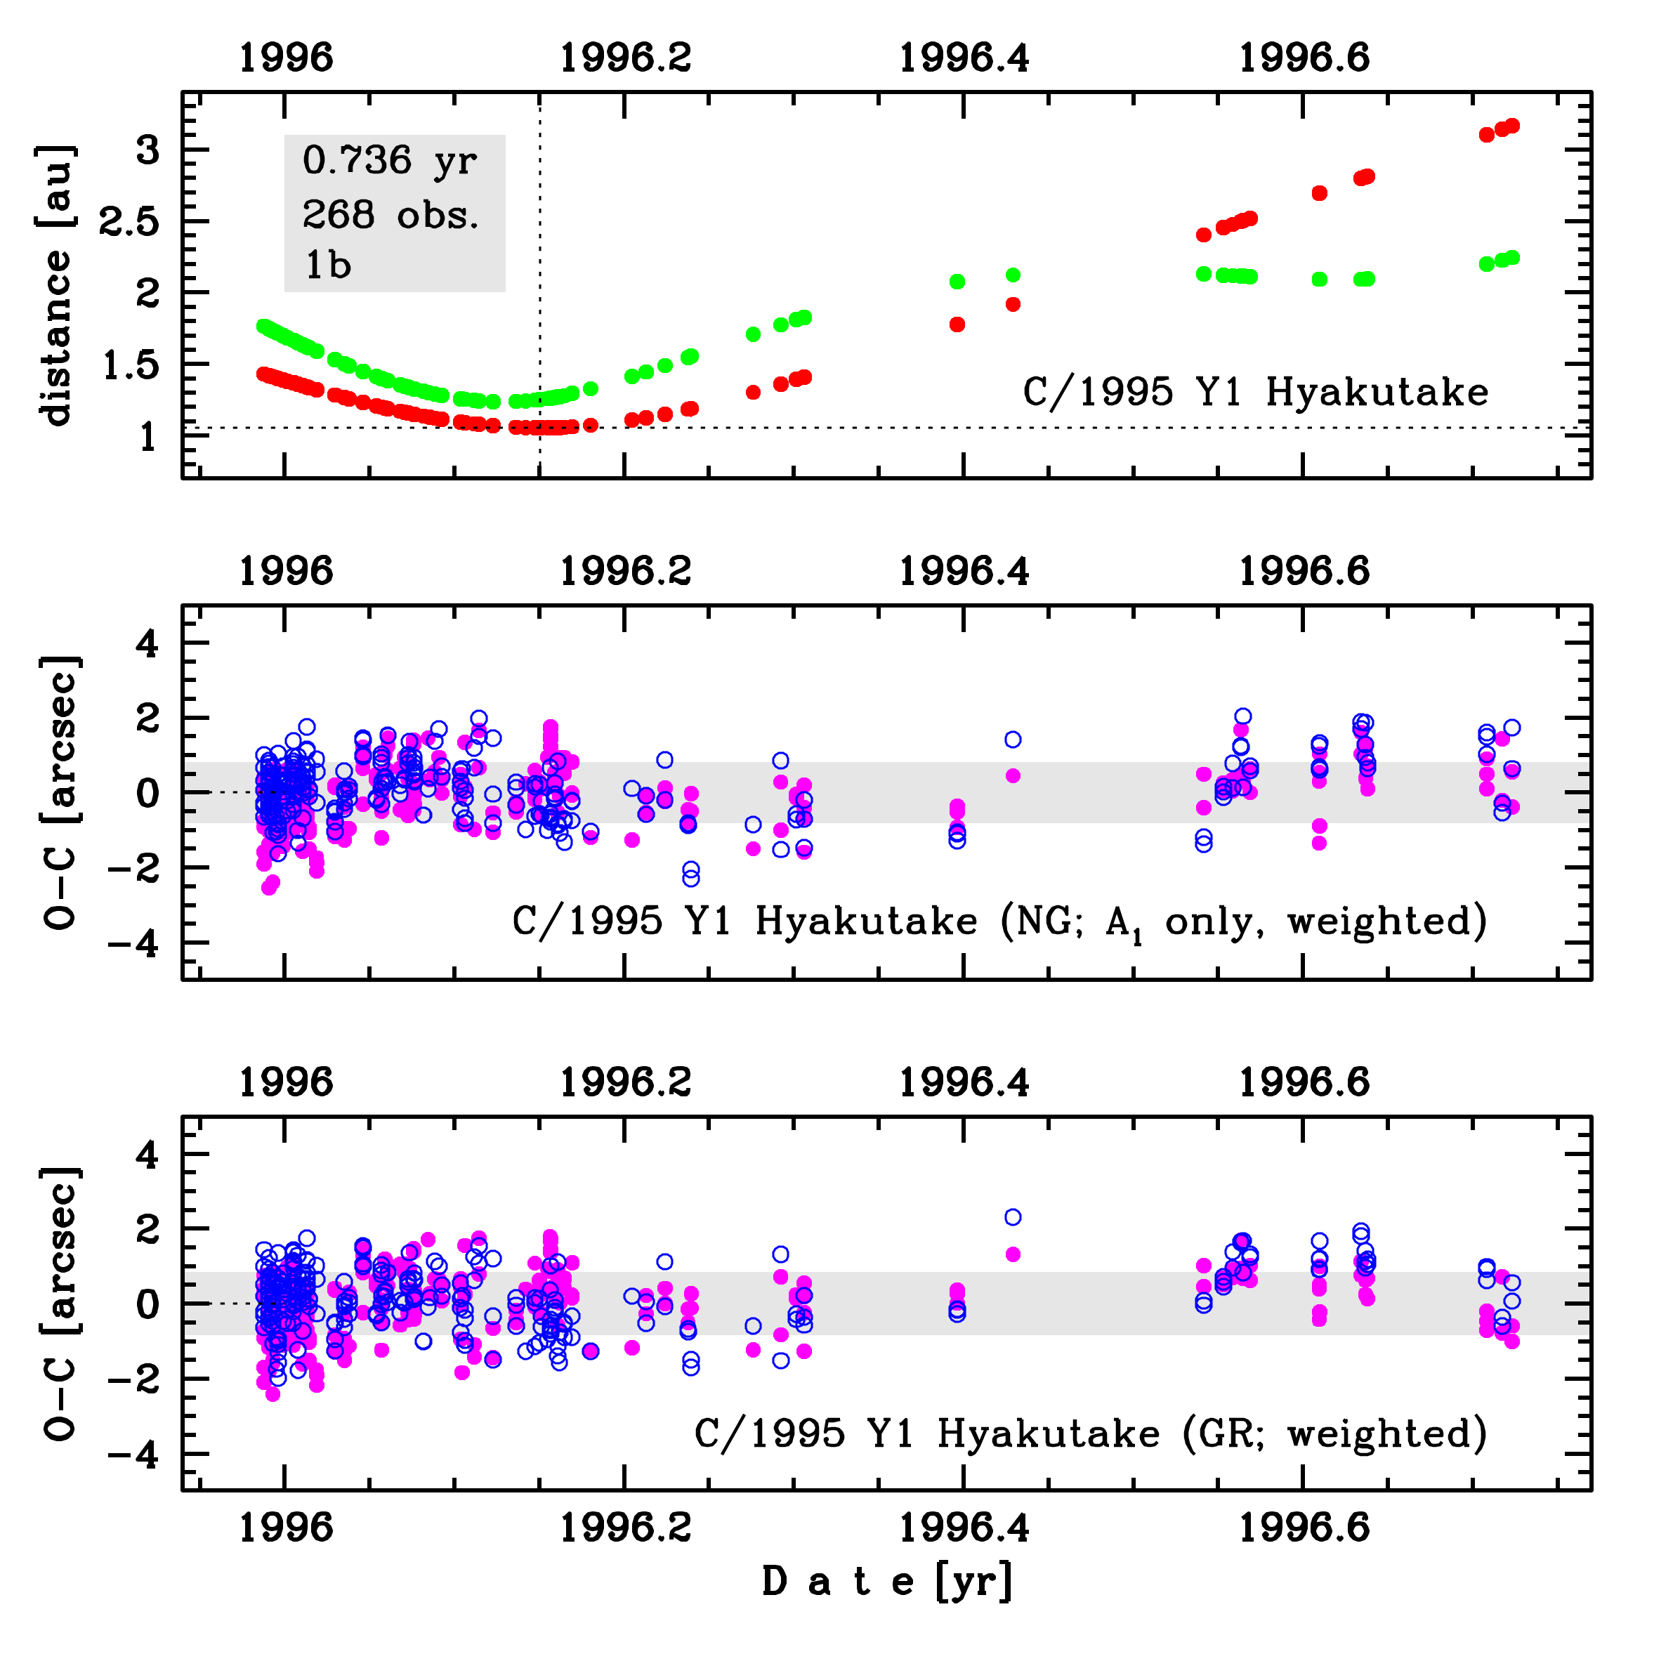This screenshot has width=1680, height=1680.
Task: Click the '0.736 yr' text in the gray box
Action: pos(390,162)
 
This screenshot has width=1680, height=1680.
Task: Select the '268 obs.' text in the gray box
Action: pos(391,214)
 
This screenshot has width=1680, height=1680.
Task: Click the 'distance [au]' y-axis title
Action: pos(56,285)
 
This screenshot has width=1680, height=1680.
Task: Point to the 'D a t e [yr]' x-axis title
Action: pos(887,1581)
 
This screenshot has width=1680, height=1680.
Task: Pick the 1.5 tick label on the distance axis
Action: pos(131,366)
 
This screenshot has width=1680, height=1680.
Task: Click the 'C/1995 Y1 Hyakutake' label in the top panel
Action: pos(1255,392)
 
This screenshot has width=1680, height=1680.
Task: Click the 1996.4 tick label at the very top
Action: pos(964,58)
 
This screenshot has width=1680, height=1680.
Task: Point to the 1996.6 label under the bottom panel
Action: pos(1304,1527)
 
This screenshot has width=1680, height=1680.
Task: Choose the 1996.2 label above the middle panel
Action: pos(625,571)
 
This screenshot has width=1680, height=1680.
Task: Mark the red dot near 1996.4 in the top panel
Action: pos(957,324)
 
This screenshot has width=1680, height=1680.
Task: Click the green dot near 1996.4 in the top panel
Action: pos(957,281)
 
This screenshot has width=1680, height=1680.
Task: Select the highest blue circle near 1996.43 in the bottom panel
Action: pos(1013,1217)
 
